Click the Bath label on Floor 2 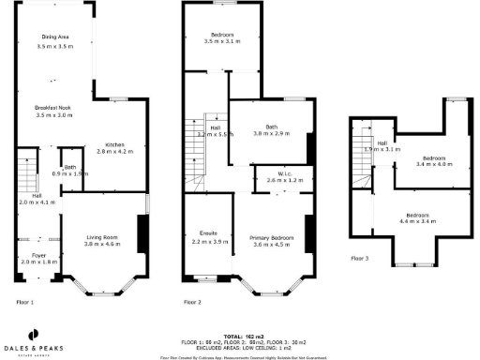[271, 130]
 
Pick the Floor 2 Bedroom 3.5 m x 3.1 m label [222, 38]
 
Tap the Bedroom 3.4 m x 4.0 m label [433, 161]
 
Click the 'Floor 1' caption [25, 303]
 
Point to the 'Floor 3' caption [360, 258]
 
